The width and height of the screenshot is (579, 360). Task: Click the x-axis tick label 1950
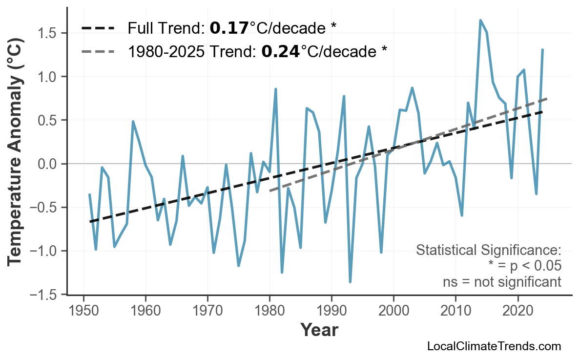pyautogui.click(x=83, y=311)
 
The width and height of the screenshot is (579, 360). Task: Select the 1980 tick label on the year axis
pyautogui.click(x=269, y=311)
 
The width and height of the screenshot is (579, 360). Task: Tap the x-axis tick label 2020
pyautogui.click(x=517, y=311)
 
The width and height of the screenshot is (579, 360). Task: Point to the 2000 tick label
pyautogui.click(x=393, y=311)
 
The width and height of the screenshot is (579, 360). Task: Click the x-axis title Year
pyautogui.click(x=319, y=331)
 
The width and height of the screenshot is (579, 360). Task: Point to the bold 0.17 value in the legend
pyautogui.click(x=229, y=28)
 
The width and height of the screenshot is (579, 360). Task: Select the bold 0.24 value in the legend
pyautogui.click(x=281, y=50)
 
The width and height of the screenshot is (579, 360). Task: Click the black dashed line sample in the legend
pyautogui.click(x=98, y=28)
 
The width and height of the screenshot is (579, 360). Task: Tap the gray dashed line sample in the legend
pyautogui.click(x=98, y=51)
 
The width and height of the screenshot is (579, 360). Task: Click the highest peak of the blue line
pyautogui.click(x=480, y=21)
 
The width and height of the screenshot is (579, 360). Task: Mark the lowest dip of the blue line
pyautogui.click(x=350, y=282)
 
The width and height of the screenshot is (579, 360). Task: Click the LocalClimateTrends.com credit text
pyautogui.click(x=494, y=346)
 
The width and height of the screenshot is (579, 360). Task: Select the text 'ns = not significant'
pyautogui.click(x=502, y=282)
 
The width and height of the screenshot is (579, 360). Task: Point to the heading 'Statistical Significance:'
pyautogui.click(x=488, y=251)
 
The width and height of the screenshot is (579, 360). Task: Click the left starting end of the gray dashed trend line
pyautogui.click(x=270, y=191)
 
